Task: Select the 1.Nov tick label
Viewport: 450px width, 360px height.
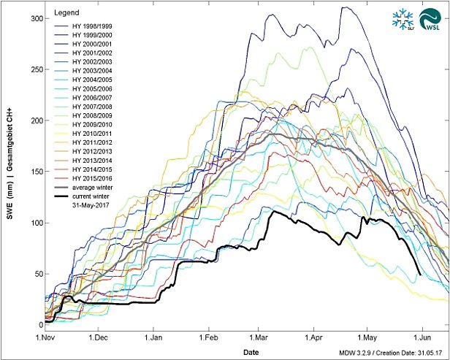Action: [x=45, y=338]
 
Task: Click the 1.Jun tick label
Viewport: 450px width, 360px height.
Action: [x=430, y=338]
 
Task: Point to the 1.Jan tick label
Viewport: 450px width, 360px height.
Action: [x=155, y=338]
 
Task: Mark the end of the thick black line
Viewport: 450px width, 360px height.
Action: [x=421, y=275]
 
